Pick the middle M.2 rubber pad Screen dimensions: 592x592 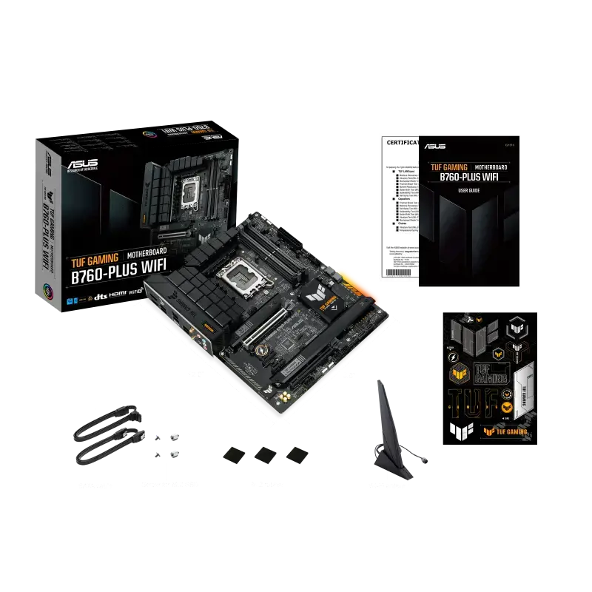[265, 454]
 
